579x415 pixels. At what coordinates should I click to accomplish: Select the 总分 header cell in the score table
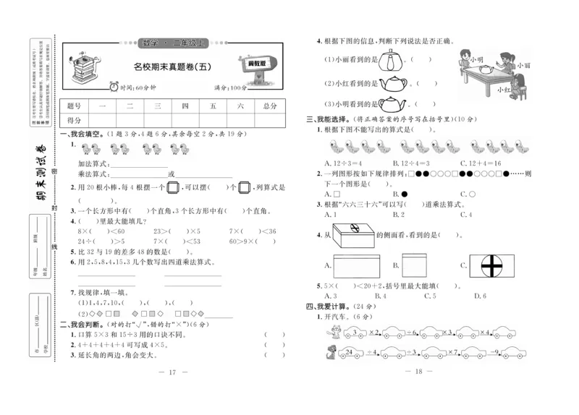pos(269,106)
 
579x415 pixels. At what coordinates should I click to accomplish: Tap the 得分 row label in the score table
pos(74,120)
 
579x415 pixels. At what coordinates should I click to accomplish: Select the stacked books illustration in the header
pos(87,69)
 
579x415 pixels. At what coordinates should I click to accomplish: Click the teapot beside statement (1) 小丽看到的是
pos(393,59)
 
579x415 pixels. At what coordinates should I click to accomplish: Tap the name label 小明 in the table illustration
pos(476,58)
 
